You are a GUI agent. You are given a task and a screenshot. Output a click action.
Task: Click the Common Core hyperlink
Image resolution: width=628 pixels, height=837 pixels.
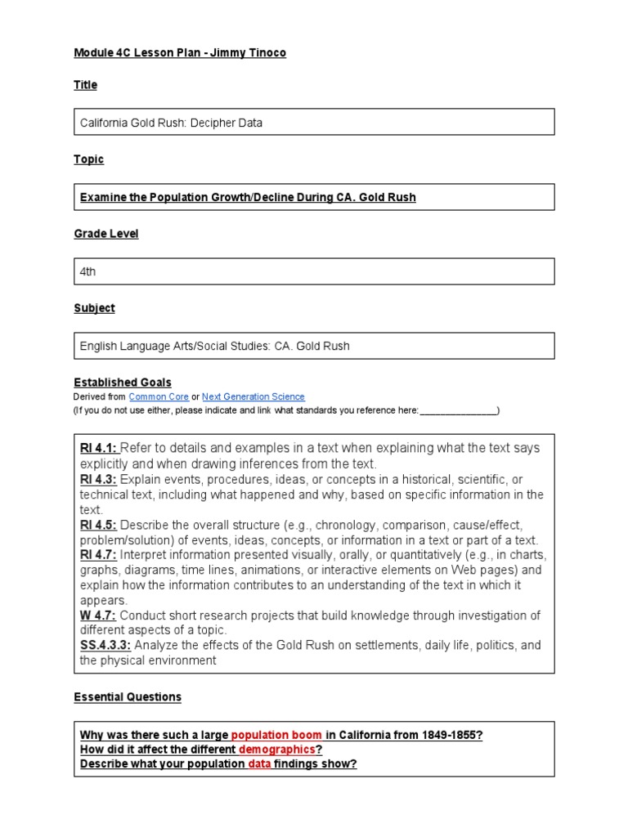[x=159, y=396]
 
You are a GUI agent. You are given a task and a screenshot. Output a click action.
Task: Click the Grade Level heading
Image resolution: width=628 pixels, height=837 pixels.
[x=105, y=234]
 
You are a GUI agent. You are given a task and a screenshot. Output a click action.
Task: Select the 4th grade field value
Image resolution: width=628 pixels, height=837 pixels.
[x=88, y=271]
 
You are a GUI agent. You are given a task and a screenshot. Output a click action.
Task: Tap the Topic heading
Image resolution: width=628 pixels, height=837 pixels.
[x=88, y=159]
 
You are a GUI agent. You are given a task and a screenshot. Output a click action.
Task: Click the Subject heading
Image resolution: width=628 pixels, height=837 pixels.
[x=94, y=308]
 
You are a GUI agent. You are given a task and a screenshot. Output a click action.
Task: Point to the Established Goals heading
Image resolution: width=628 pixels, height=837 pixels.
[x=123, y=383]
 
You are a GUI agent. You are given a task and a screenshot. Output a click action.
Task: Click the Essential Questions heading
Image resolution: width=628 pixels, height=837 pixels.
[x=128, y=697]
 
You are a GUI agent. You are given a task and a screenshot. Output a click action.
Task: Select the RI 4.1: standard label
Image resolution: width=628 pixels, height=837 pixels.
[x=99, y=448]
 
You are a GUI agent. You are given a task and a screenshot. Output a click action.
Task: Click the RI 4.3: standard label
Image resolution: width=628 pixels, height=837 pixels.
[x=99, y=479]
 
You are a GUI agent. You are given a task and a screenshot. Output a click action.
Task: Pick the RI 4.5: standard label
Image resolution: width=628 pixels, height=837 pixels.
[x=99, y=525]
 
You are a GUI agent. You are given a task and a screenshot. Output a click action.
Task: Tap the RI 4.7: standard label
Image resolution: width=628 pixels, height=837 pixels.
[x=99, y=555]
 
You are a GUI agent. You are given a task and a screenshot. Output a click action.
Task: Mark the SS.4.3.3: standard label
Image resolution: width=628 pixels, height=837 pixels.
[x=105, y=646]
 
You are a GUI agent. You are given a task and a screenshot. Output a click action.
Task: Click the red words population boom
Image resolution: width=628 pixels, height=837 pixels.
[x=277, y=735]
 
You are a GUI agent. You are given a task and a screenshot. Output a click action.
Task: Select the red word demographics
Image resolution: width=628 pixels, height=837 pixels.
[x=276, y=750]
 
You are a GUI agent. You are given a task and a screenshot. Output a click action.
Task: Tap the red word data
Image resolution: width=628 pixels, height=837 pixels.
[x=259, y=764]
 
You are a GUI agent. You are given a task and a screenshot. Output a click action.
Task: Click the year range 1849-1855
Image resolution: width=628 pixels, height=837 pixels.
[x=451, y=735]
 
